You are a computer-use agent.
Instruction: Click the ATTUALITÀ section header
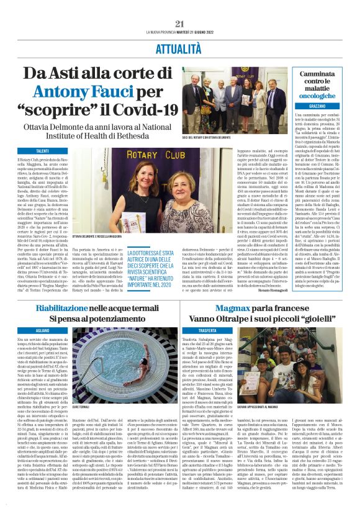coord(180,47)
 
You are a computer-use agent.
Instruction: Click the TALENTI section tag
coord(43,151)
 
